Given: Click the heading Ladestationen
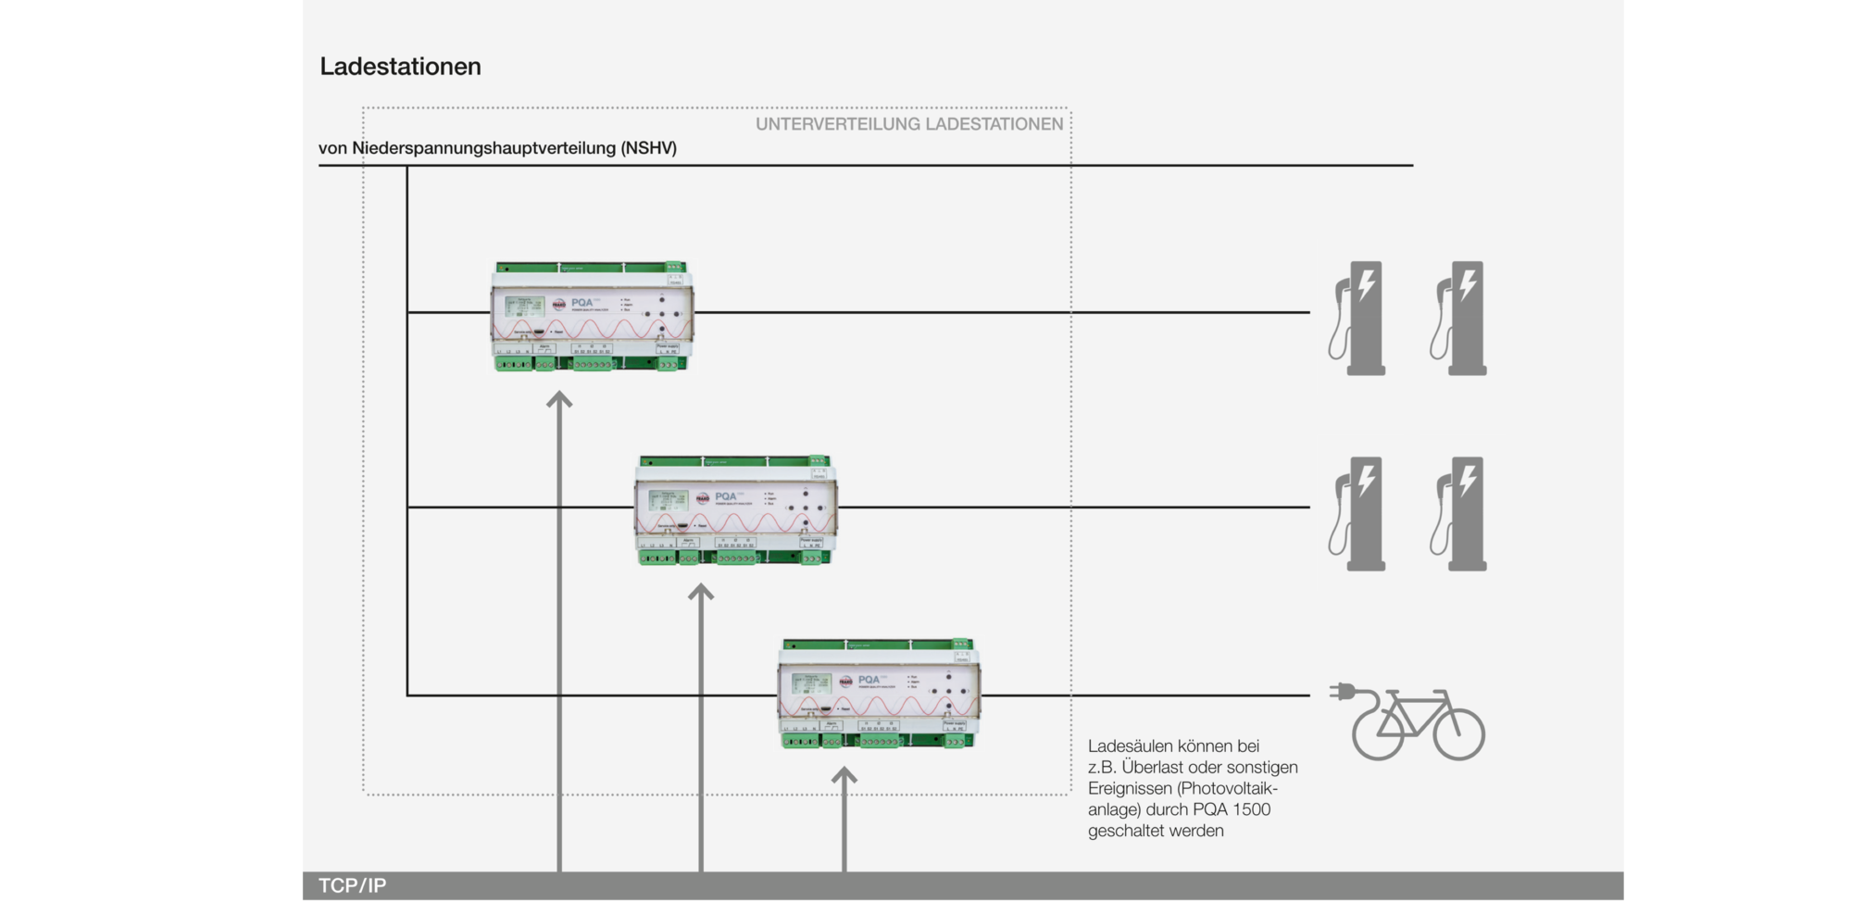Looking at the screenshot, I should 400,67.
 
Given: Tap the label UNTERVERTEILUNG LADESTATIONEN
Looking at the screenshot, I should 908,124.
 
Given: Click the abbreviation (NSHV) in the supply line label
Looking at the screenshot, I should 648,148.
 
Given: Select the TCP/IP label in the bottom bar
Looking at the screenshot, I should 352,885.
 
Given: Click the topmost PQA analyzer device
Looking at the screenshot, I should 592,317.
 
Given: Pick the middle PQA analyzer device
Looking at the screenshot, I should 736,510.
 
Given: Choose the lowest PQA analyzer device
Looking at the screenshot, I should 879,695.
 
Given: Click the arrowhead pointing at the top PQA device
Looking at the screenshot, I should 559,400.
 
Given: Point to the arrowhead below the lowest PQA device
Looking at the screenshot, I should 844,776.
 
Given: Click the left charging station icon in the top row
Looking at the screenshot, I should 1358,318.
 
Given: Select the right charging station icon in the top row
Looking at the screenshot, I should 1459,318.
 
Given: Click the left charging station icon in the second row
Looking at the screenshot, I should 1358,513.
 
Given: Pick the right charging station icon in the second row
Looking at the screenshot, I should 1459,513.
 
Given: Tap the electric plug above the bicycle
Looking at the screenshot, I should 1343,692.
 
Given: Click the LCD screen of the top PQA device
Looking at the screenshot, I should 525,307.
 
